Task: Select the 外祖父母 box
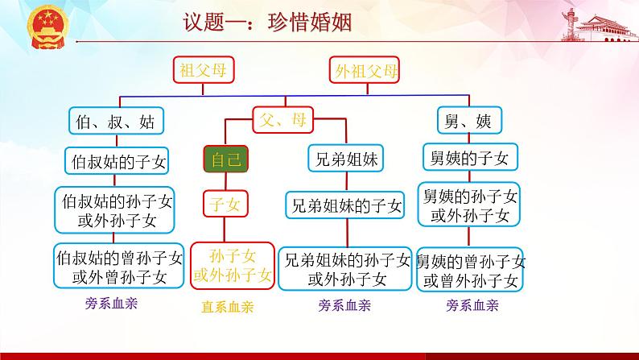pyautogui.click(x=364, y=71)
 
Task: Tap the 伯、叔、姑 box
pyautogui.click(x=113, y=122)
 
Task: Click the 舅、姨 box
pyautogui.click(x=468, y=121)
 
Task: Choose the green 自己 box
pyautogui.click(x=225, y=159)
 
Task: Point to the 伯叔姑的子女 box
pyautogui.click(x=114, y=161)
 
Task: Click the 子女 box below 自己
pyautogui.click(x=225, y=205)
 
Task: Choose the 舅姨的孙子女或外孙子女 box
pyautogui.click(x=470, y=205)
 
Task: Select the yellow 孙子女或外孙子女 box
pyautogui.click(x=233, y=267)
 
